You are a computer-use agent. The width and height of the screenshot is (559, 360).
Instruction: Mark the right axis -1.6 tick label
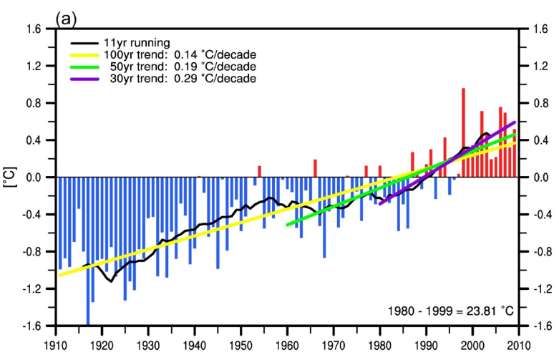point(535,326)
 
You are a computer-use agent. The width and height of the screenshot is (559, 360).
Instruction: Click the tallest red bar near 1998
point(463,132)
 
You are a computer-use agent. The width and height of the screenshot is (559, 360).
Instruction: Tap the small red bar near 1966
point(315,168)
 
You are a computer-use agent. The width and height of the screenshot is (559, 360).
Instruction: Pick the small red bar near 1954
point(259,171)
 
